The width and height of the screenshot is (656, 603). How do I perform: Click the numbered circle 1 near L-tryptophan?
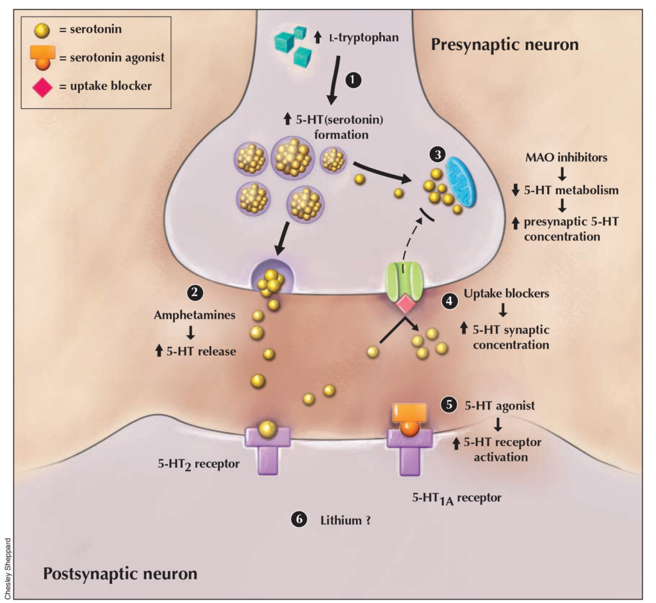click(x=354, y=79)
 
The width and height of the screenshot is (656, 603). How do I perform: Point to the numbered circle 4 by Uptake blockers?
click(x=450, y=300)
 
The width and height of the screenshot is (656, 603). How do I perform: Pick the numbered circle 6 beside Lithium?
click(x=299, y=520)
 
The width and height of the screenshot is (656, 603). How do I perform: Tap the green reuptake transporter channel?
click(x=403, y=281)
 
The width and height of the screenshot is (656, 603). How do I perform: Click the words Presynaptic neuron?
click(x=505, y=45)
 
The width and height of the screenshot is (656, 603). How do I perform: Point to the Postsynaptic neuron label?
click(x=120, y=572)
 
